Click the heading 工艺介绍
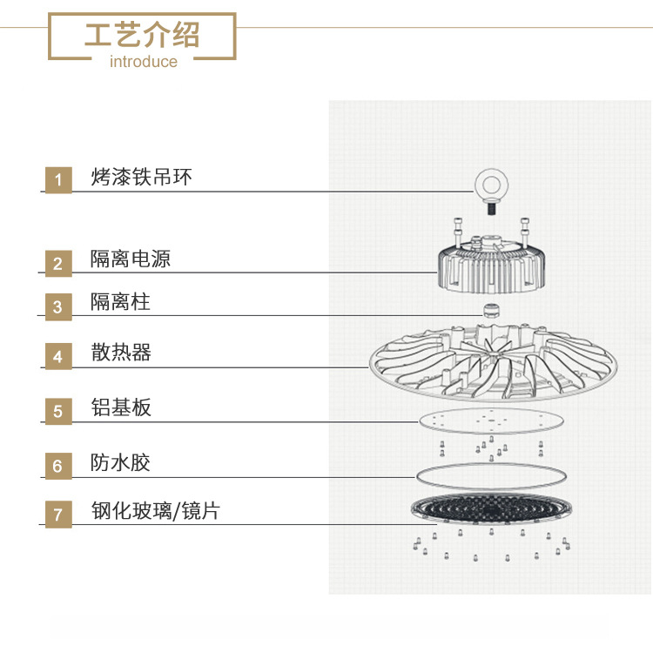pyautogui.click(x=142, y=35)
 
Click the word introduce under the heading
pyautogui.click(x=144, y=62)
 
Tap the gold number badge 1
pyautogui.click(x=58, y=180)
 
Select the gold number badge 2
pyautogui.click(x=58, y=263)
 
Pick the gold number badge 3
pyautogui.click(x=58, y=307)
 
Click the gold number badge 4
pyautogui.click(x=58, y=357)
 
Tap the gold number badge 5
pyautogui.click(x=58, y=411)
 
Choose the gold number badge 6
pyautogui.click(x=58, y=466)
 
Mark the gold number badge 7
pyautogui.click(x=58, y=515)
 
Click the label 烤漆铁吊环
pyautogui.click(x=141, y=177)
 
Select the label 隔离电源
pyautogui.click(x=131, y=259)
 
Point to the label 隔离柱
pyautogui.click(x=120, y=301)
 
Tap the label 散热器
pyautogui.click(x=121, y=353)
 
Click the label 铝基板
pyautogui.click(x=121, y=407)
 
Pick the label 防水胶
pyautogui.click(x=120, y=462)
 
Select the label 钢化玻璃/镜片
pyautogui.click(x=155, y=511)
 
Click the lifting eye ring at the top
pyautogui.click(x=491, y=192)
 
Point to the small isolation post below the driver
pyautogui.click(x=490, y=311)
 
